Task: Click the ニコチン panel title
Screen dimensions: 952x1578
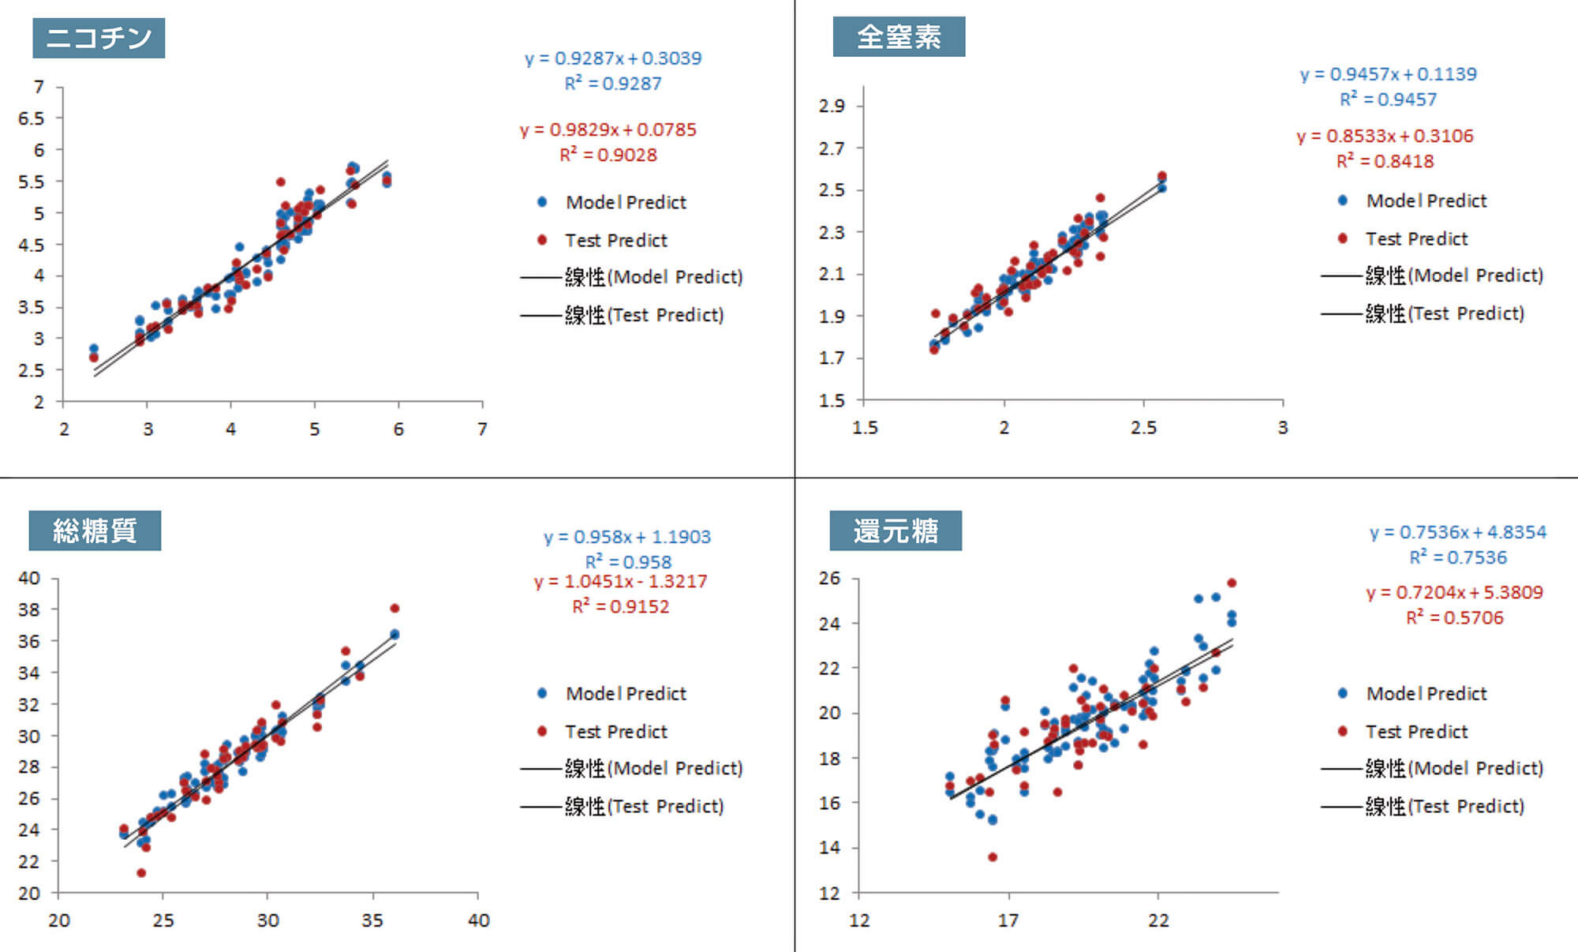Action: pyautogui.click(x=99, y=38)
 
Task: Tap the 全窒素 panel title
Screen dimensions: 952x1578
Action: pyautogui.click(x=899, y=37)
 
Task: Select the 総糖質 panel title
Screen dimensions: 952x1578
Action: pyautogui.click(x=95, y=530)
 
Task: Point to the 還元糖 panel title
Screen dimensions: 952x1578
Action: pyautogui.click(x=896, y=530)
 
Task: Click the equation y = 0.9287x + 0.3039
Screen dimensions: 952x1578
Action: pyautogui.click(x=613, y=58)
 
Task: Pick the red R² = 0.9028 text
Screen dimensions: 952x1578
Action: pyautogui.click(x=608, y=155)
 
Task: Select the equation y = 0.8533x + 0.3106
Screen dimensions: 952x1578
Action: pyautogui.click(x=1385, y=136)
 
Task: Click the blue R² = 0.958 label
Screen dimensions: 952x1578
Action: pyautogui.click(x=628, y=562)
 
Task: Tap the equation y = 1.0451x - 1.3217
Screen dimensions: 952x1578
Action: pyautogui.click(x=620, y=582)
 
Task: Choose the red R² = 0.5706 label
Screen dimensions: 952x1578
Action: pyautogui.click(x=1454, y=617)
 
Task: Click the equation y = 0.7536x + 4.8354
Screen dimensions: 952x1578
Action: pyautogui.click(x=1457, y=532)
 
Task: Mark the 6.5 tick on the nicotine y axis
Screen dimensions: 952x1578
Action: pyautogui.click(x=32, y=118)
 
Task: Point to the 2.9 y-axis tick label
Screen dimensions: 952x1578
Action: pyautogui.click(x=832, y=106)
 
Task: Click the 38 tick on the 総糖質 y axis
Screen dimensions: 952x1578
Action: pyautogui.click(x=29, y=609)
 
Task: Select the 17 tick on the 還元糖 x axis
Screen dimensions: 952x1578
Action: pyautogui.click(x=1008, y=920)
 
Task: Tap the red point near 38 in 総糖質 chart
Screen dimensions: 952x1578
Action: pyautogui.click(x=394, y=608)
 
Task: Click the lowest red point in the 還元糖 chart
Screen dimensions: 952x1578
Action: pyautogui.click(x=993, y=856)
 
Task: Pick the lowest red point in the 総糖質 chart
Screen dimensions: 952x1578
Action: pyautogui.click(x=141, y=872)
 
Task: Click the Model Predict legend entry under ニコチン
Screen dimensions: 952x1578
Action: pyautogui.click(x=626, y=202)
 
